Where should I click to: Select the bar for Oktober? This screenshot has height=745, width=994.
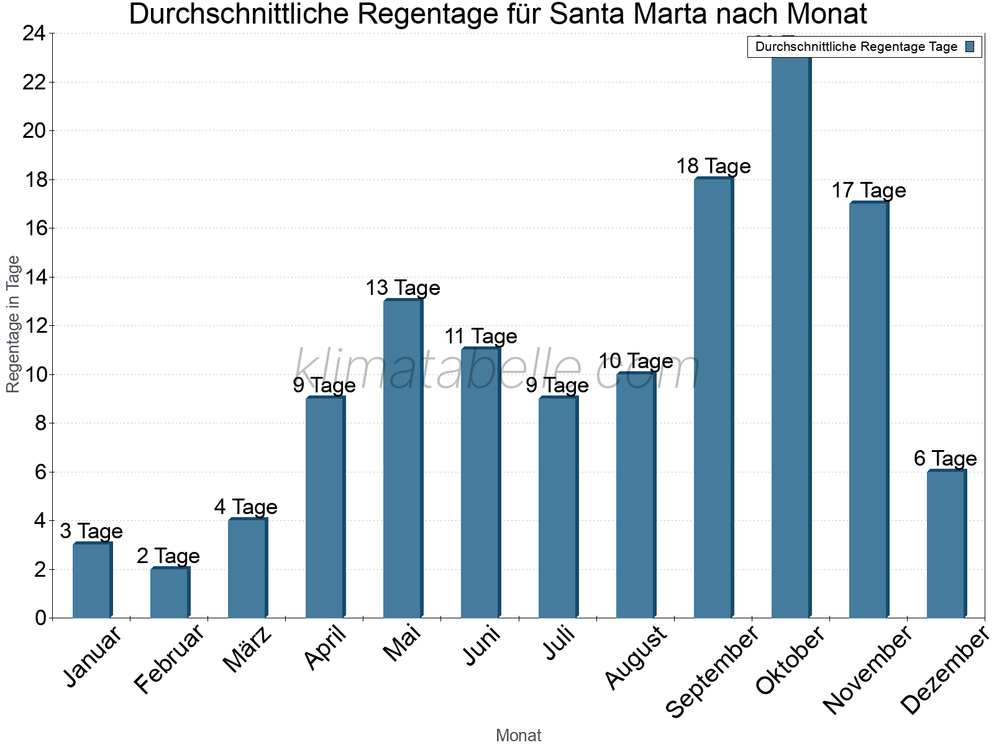click(x=791, y=335)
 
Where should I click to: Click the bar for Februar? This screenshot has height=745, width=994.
click(x=170, y=593)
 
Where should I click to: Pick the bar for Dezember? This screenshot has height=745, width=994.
click(x=946, y=544)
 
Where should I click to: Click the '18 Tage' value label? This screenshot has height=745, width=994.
click(x=713, y=166)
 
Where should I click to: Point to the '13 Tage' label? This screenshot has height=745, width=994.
click(x=403, y=288)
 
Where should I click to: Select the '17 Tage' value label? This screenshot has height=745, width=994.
click(x=869, y=191)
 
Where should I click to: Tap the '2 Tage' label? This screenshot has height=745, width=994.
click(x=168, y=556)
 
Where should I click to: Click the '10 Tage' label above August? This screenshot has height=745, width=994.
click(x=636, y=361)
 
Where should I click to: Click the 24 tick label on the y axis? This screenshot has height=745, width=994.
click(x=34, y=34)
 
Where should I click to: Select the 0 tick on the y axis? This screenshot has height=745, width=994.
click(x=41, y=618)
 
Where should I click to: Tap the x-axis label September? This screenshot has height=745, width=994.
click(x=712, y=670)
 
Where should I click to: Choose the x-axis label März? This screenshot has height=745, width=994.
click(x=247, y=649)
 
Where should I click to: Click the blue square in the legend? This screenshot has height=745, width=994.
click(x=970, y=47)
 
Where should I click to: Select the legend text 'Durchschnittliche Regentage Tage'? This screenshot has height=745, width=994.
click(x=856, y=47)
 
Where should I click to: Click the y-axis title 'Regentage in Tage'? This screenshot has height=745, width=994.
click(x=14, y=324)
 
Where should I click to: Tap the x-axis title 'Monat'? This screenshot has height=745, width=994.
click(x=519, y=736)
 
